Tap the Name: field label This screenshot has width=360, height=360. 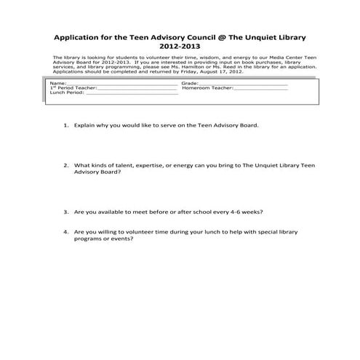pyautogui.click(x=57, y=84)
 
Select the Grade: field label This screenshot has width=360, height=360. pyautogui.click(x=191, y=84)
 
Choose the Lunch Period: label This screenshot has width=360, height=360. pyautogui.click(x=65, y=93)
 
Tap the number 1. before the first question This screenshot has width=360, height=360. pyautogui.click(x=66, y=125)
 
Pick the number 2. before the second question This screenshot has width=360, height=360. pyautogui.click(x=66, y=164)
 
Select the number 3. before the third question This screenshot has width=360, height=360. pyautogui.click(x=66, y=212)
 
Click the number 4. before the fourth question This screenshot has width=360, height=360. pyautogui.click(x=66, y=232)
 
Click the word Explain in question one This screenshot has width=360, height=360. pyautogui.click(x=86, y=125)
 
